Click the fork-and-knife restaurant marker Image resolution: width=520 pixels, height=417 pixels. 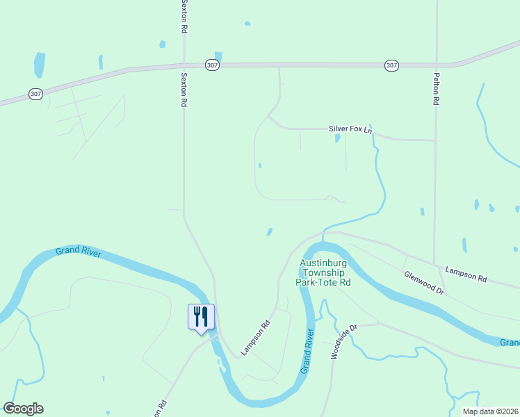(x=201, y=318)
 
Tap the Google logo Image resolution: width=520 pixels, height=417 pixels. (x=23, y=409)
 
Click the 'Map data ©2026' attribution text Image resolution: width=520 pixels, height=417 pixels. (x=491, y=411)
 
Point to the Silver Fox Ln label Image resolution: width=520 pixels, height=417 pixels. (x=350, y=130)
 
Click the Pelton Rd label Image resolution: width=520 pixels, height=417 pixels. (x=436, y=90)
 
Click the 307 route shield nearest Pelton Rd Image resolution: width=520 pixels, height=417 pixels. (x=391, y=65)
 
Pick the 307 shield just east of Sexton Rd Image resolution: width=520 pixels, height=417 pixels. (x=213, y=65)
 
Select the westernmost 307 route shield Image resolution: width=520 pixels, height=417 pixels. (x=35, y=93)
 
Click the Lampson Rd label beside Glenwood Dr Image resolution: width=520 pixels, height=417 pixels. (x=466, y=275)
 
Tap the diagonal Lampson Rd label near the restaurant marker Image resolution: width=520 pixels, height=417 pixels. (x=255, y=338)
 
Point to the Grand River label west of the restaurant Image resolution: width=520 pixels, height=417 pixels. (x=79, y=252)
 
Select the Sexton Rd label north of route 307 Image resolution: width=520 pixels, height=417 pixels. (x=184, y=17)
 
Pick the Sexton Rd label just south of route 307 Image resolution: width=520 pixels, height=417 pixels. (x=184, y=89)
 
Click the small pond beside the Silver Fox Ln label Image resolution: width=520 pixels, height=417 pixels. (x=338, y=138)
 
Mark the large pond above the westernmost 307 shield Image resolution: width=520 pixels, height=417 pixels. (x=40, y=65)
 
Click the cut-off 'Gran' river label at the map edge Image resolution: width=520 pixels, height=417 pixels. (x=510, y=343)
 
